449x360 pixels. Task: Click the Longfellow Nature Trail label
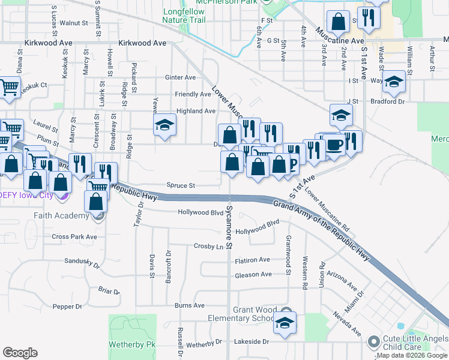(184, 16)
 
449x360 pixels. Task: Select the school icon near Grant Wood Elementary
(285, 325)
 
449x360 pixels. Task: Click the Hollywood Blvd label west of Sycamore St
(200, 212)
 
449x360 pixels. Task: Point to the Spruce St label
(182, 186)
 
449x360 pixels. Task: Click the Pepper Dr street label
(67, 307)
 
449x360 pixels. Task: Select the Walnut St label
(74, 23)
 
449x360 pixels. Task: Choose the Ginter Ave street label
(181, 77)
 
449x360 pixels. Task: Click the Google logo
(20, 353)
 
